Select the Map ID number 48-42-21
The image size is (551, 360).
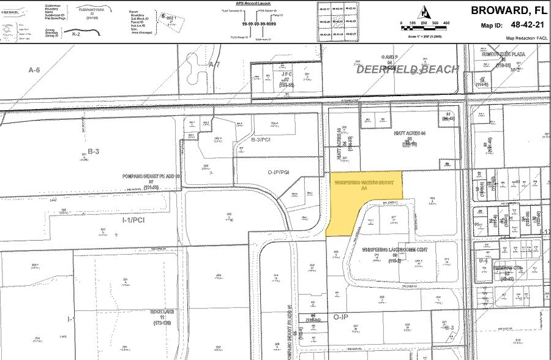[x=522, y=26]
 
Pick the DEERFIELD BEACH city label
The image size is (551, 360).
[x=407, y=69]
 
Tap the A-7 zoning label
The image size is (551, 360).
[x=214, y=64]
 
